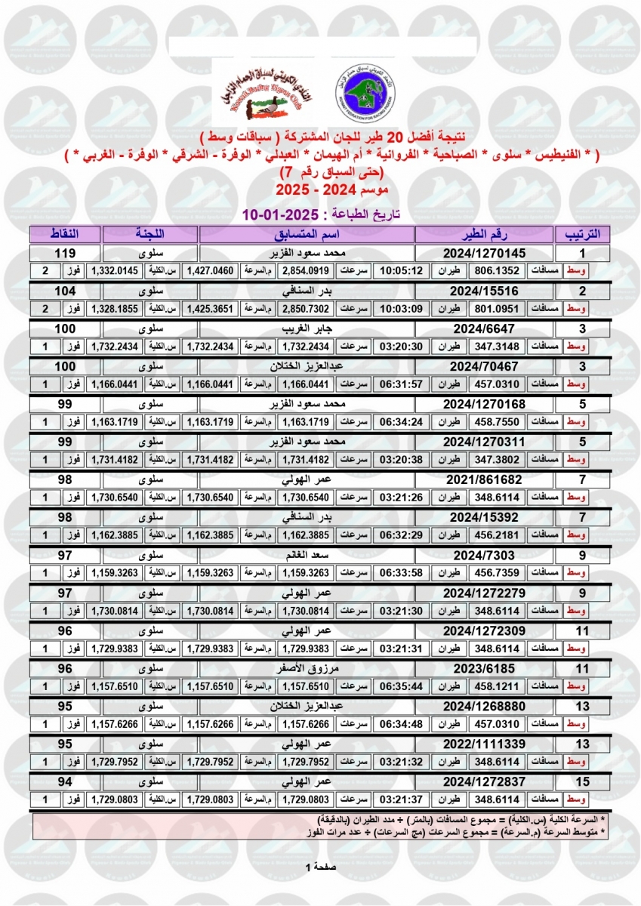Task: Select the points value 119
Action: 64,253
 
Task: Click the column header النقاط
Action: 64,233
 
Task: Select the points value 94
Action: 64,781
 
